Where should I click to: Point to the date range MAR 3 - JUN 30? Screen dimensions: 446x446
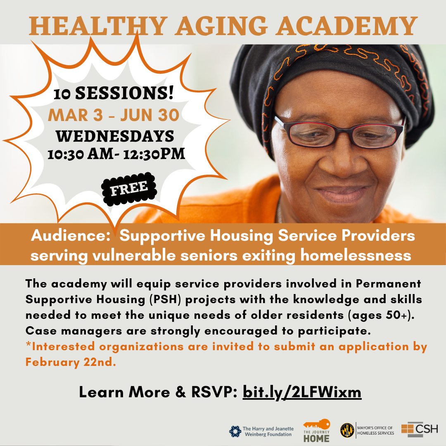coord(114,115)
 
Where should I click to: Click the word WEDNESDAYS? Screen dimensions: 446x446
coord(115,136)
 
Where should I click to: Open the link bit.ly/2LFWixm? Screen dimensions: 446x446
coord(302,392)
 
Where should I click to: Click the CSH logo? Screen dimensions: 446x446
coord(419,429)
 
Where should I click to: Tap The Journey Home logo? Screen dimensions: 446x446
coord(316,431)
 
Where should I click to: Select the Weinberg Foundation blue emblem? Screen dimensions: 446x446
coord(235,432)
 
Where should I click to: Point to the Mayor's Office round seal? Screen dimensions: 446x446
coord(346,430)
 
